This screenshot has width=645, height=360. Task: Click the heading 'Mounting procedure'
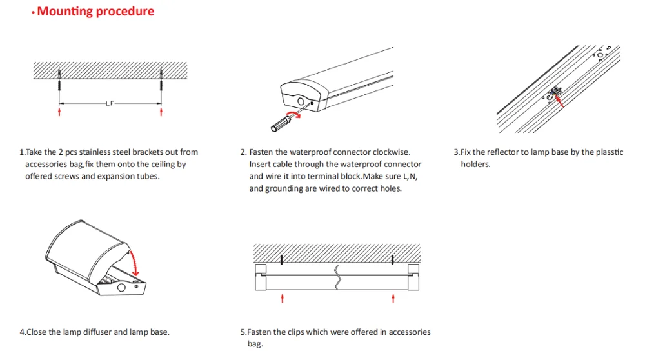click(x=95, y=12)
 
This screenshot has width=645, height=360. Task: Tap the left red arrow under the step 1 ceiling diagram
click(x=59, y=112)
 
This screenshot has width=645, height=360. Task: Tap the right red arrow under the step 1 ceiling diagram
click(x=161, y=112)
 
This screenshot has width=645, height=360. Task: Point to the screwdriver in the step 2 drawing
click(x=282, y=123)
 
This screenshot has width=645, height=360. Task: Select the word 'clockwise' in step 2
click(x=390, y=152)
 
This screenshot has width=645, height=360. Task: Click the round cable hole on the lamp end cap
click(x=300, y=101)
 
